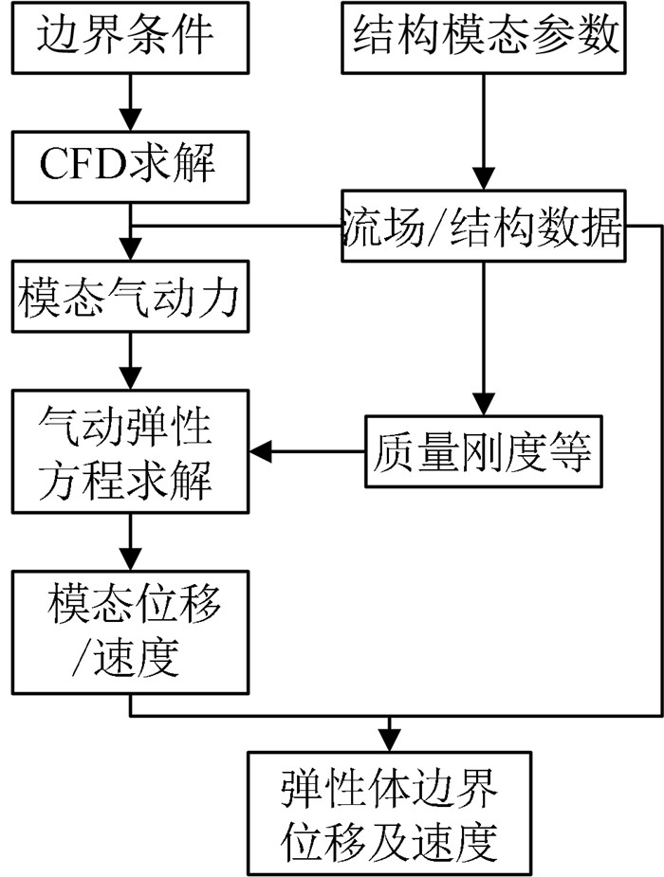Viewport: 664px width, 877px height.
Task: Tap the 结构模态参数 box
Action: (x=484, y=37)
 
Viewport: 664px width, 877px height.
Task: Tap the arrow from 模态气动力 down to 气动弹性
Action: (x=130, y=360)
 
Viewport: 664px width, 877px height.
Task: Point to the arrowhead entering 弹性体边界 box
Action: (x=388, y=740)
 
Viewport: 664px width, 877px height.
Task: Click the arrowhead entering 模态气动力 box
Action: (x=130, y=257)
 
